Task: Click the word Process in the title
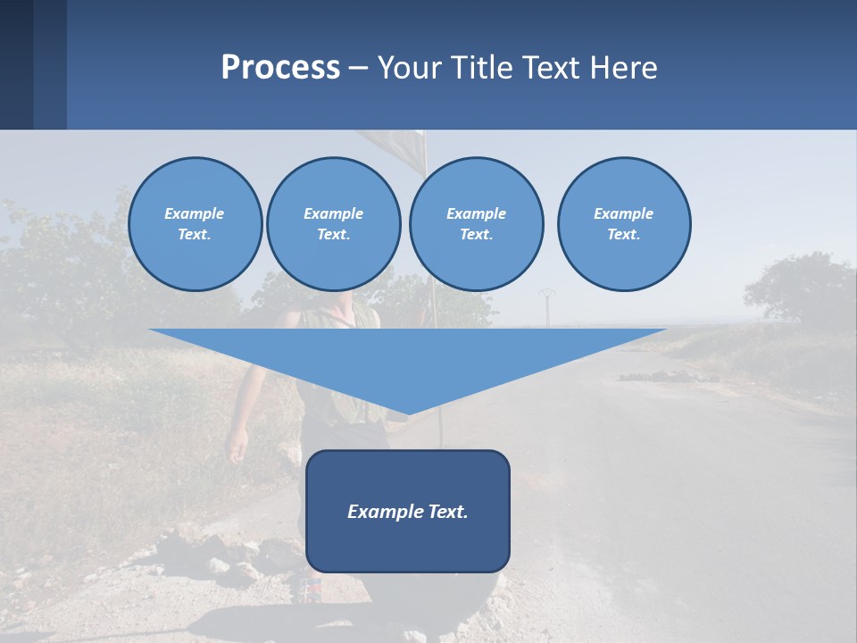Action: coord(280,68)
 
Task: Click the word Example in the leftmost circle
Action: coord(194,213)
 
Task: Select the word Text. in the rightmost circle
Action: coord(623,235)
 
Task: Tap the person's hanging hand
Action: coord(237,445)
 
